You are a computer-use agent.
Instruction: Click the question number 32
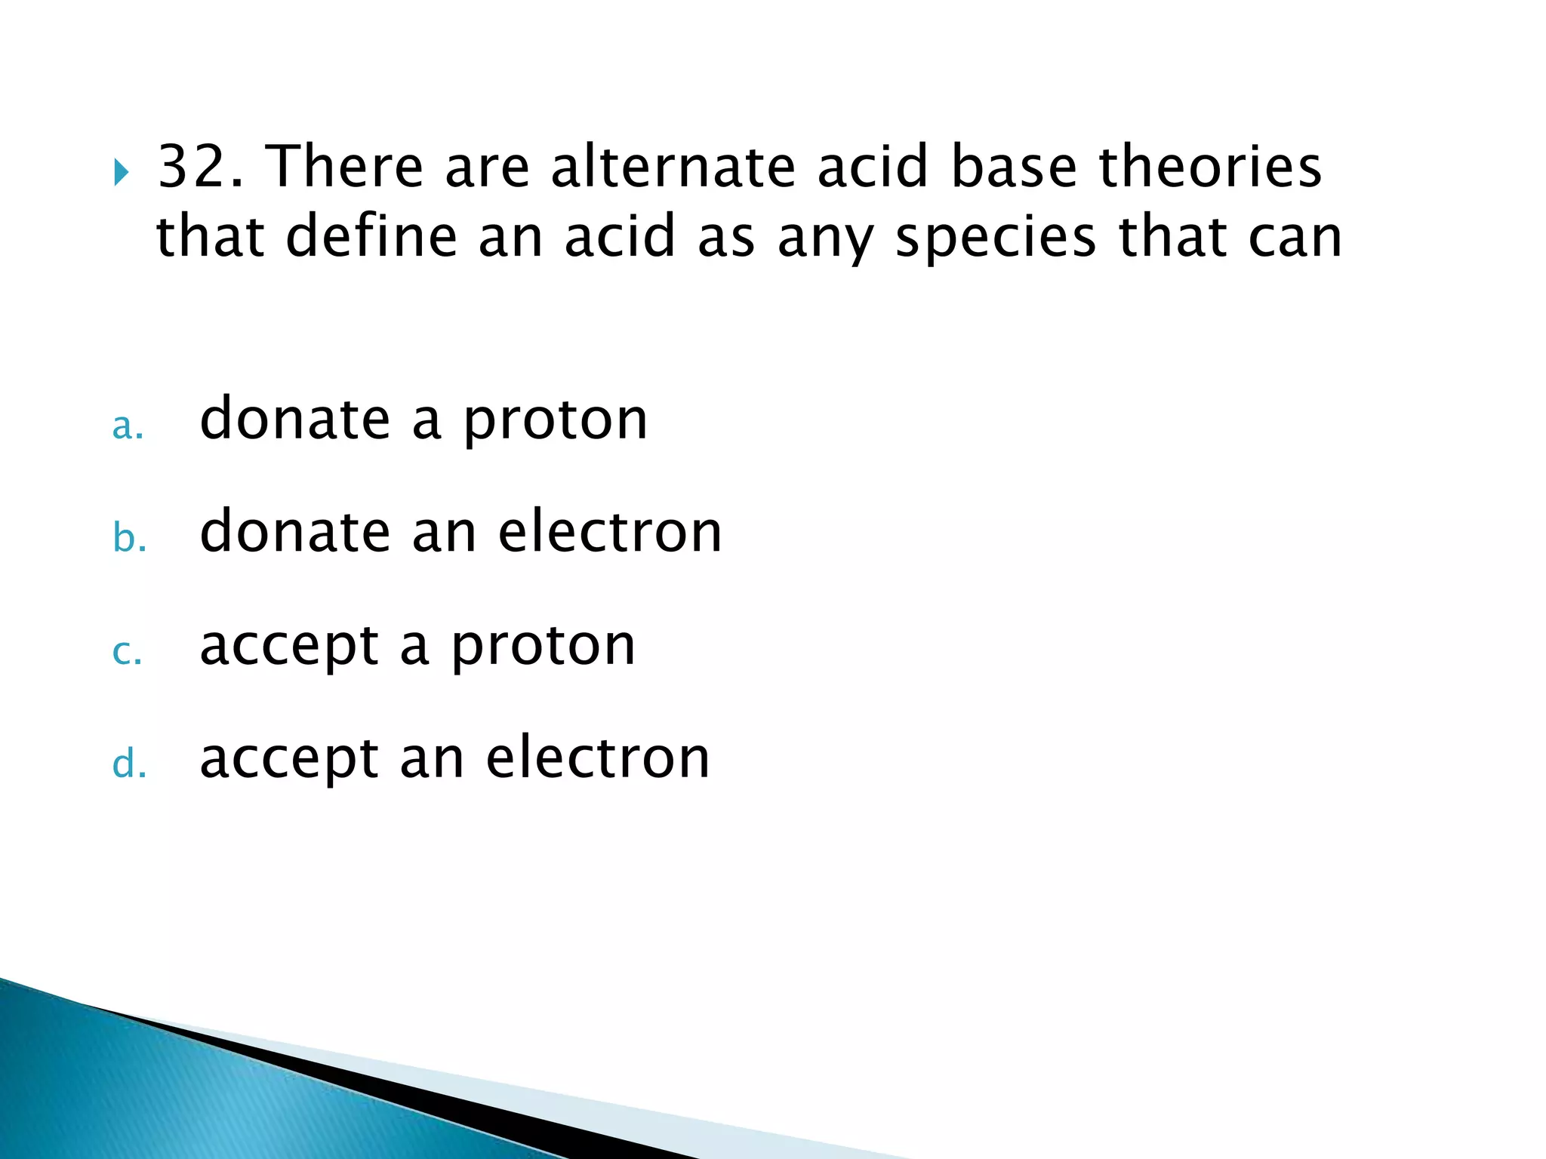coord(200,167)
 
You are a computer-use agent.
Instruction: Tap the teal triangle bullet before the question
coord(121,174)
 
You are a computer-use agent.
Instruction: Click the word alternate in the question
coord(673,167)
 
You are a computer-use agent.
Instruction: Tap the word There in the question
coord(344,167)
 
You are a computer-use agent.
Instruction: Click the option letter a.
coord(127,427)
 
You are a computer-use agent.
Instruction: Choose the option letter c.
coord(126,652)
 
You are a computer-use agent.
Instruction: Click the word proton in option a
coord(555,421)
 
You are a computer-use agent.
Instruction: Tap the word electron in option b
coord(610,532)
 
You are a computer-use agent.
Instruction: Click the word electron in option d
coord(598,758)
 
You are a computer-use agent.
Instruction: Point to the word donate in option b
coord(294,532)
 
